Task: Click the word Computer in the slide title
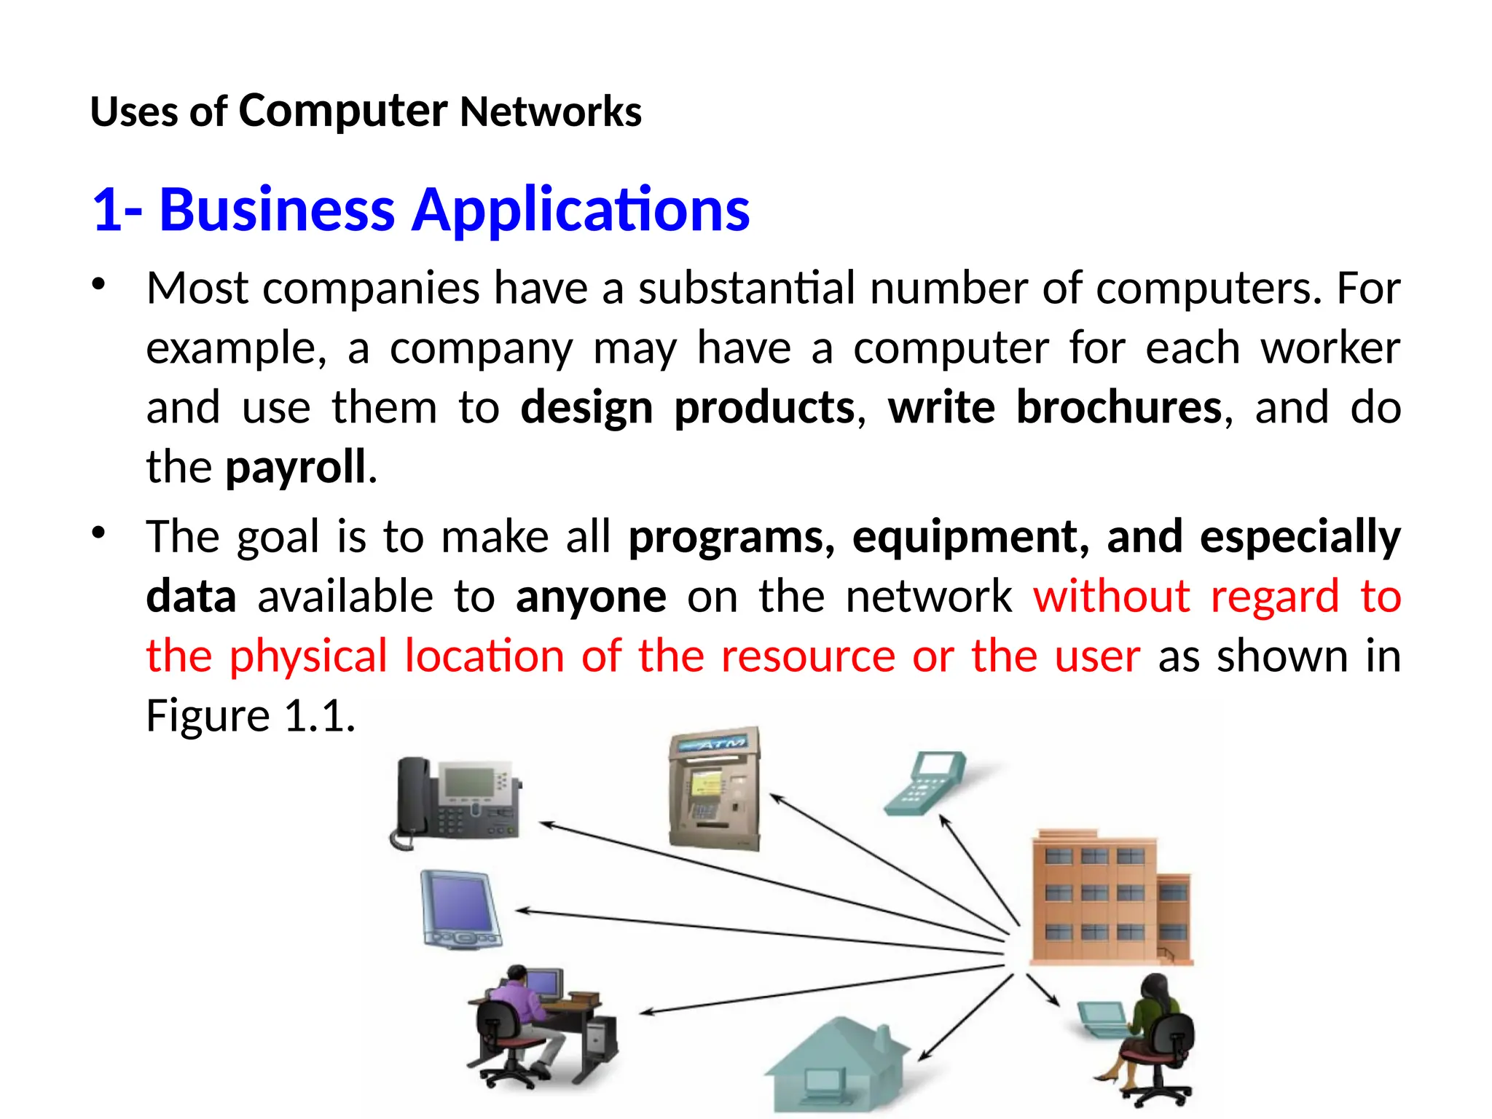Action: (x=342, y=111)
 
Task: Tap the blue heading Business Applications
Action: (x=454, y=210)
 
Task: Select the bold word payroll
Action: (x=295, y=467)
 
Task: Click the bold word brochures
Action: (x=1118, y=407)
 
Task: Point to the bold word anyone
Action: (x=591, y=597)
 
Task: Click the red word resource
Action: (x=808, y=656)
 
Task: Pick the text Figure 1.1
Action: (x=250, y=715)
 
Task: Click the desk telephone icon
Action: (x=457, y=802)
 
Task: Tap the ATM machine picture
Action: (x=714, y=789)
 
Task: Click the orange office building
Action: (x=1111, y=898)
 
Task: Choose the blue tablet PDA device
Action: (x=460, y=910)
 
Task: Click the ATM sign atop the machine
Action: (x=713, y=744)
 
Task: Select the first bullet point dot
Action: (x=99, y=284)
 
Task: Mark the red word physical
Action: (x=308, y=656)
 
